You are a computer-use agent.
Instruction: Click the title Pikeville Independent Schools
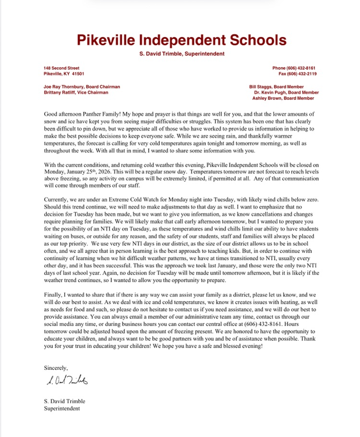coord(180,40)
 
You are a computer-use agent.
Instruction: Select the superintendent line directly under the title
coord(180,54)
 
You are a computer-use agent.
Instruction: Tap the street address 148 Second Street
coord(61,68)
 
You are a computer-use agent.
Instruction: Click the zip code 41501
coord(78,74)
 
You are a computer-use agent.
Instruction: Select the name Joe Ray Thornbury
coord(64,87)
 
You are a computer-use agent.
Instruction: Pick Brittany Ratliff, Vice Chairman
coord(76,92)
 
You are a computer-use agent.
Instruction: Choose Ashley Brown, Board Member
coord(283,98)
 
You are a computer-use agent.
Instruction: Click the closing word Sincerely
coord(56,368)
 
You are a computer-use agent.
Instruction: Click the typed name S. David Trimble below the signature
coord(64,401)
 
